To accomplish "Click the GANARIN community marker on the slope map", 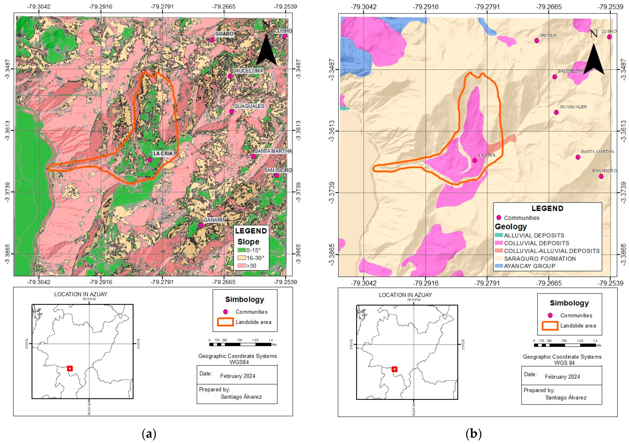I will coord(201,225).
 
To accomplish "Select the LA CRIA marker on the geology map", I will coord(475,160).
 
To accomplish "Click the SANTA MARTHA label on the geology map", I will coord(597,151).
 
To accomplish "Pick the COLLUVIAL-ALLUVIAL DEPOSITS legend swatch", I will coord(499,251).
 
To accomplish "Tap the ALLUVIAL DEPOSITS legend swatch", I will coord(499,235).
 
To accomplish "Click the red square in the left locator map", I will coord(70,368).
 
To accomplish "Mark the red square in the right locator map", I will coord(394,369).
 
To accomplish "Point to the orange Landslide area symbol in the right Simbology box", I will coord(550,326).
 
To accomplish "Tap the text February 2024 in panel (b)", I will coord(562,377).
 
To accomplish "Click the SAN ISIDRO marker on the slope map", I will coord(276,176).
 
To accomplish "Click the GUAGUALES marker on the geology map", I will coord(556,112).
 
